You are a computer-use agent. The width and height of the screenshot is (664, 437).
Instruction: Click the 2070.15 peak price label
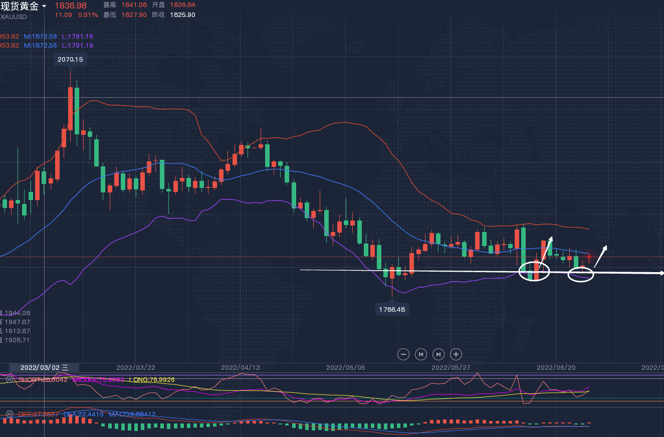pos(70,59)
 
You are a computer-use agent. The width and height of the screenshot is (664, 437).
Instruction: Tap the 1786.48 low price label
pos(392,309)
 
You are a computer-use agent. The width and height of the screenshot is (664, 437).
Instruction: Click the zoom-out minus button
pos(403,354)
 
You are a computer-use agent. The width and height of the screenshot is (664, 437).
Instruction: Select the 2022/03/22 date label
pos(135,367)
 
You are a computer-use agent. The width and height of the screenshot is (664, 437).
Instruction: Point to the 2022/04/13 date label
pos(241,367)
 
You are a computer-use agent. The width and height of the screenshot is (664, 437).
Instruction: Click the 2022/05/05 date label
pos(346,367)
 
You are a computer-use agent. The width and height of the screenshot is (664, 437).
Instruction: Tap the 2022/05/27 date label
pos(451,367)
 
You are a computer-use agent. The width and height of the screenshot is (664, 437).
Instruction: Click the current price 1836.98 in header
pos(70,6)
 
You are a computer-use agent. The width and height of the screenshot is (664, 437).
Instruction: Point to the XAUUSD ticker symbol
pos(14,17)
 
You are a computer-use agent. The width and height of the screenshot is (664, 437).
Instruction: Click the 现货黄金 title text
pos(20,6)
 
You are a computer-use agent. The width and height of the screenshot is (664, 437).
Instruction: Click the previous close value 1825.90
pos(182,15)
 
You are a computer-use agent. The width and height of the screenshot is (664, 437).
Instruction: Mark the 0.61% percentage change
pos(88,15)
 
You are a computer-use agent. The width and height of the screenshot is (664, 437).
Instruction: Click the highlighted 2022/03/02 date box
pos(44,367)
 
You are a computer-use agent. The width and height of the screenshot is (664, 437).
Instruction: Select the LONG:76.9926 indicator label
pos(152,379)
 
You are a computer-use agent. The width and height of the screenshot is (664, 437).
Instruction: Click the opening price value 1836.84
pos(182,5)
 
